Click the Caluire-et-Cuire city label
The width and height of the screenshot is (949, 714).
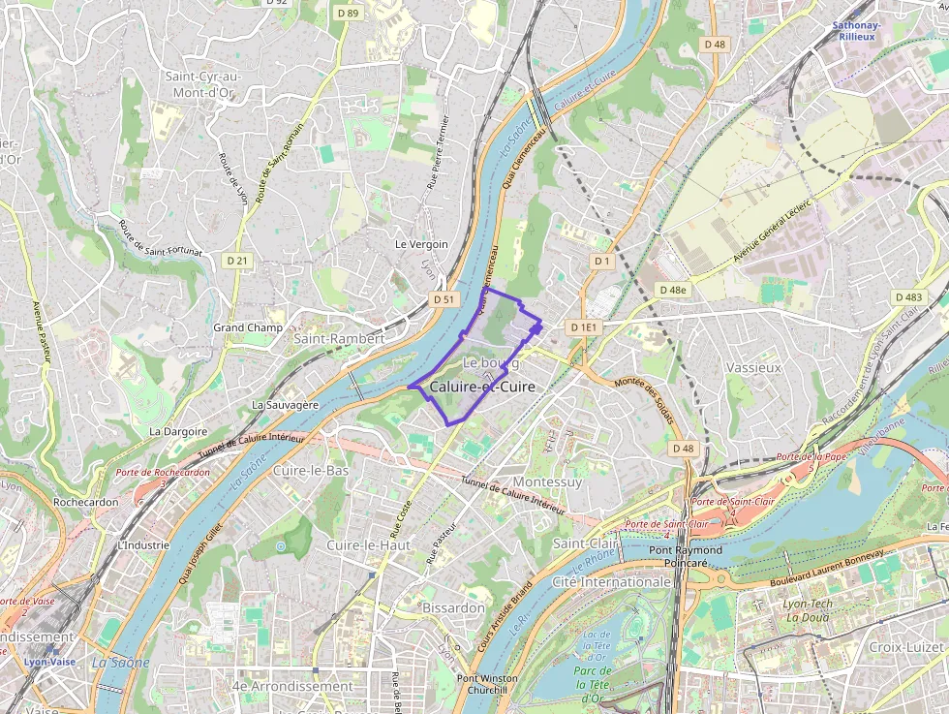pos(481,386)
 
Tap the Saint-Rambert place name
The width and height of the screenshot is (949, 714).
pos(339,339)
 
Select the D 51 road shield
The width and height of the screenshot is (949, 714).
pos(444,299)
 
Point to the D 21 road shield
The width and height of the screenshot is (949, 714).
pos(237,261)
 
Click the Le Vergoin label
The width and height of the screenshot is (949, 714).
pos(421,244)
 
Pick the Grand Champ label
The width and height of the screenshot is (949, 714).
pos(248,327)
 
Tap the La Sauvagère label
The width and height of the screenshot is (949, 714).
pos(285,404)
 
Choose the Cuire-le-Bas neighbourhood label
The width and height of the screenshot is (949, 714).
pos(310,470)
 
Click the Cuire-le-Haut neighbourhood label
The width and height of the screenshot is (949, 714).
pos(369,545)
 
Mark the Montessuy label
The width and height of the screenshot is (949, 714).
pos(547,481)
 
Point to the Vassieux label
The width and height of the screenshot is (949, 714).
pos(752,368)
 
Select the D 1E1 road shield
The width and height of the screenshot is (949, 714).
pos(585,327)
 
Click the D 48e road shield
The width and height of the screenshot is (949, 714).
pos(672,290)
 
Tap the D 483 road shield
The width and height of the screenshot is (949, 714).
pos(908,297)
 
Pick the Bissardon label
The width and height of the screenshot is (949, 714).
pos(453,607)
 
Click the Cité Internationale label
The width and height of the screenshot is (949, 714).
pos(611,582)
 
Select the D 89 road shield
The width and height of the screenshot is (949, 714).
pos(349,14)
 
